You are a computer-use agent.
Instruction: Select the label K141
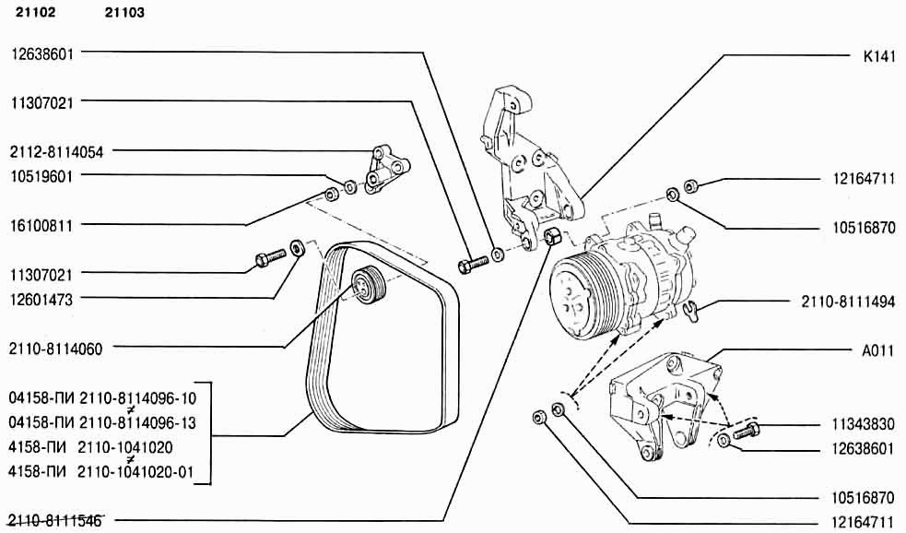pyautogui.click(x=879, y=55)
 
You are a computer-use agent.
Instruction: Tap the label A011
pyautogui.click(x=879, y=350)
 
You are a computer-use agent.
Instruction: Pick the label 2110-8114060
pyautogui.click(x=56, y=349)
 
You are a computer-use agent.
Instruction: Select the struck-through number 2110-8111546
pyautogui.click(x=56, y=522)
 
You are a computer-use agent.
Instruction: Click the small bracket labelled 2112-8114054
pyautogui.click(x=382, y=168)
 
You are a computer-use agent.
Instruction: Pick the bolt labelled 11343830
pyautogui.click(x=745, y=428)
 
